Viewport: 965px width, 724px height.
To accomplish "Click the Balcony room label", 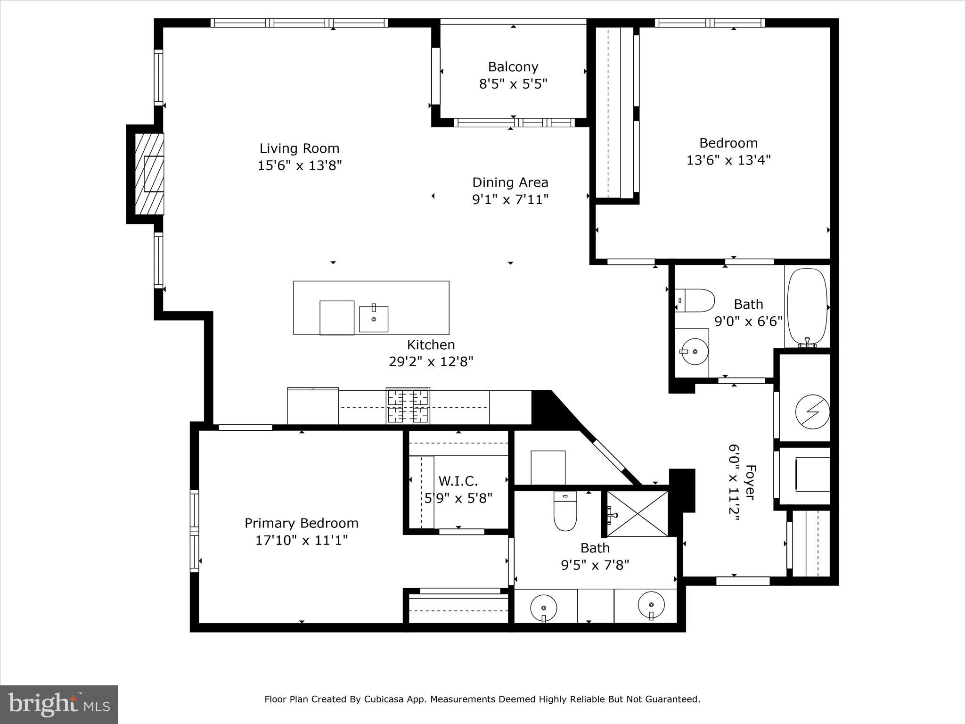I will (x=513, y=67).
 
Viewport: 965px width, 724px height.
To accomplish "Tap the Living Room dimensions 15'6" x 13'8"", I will (x=299, y=165).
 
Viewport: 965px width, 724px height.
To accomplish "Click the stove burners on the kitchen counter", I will (x=408, y=406).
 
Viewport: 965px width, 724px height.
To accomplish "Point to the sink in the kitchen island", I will (x=374, y=319).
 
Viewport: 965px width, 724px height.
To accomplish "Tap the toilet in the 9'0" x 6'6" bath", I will (x=695, y=300).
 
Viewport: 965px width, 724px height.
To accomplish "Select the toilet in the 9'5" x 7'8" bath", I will (x=565, y=513).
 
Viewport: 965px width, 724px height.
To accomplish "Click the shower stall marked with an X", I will (x=638, y=513).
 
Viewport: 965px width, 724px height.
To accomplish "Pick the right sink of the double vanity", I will (x=651, y=605).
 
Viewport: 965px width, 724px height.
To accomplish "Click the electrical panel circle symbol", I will (x=812, y=411).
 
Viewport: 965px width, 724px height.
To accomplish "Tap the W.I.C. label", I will (x=458, y=481).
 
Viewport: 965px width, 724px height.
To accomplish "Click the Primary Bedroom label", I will (x=302, y=523).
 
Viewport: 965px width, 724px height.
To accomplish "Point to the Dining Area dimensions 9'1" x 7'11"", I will (x=510, y=199).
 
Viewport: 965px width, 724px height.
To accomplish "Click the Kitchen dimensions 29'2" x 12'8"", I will (x=431, y=362).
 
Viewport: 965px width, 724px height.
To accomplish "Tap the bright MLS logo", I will (x=59, y=705).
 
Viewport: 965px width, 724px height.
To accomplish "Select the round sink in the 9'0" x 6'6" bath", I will (x=694, y=352).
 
